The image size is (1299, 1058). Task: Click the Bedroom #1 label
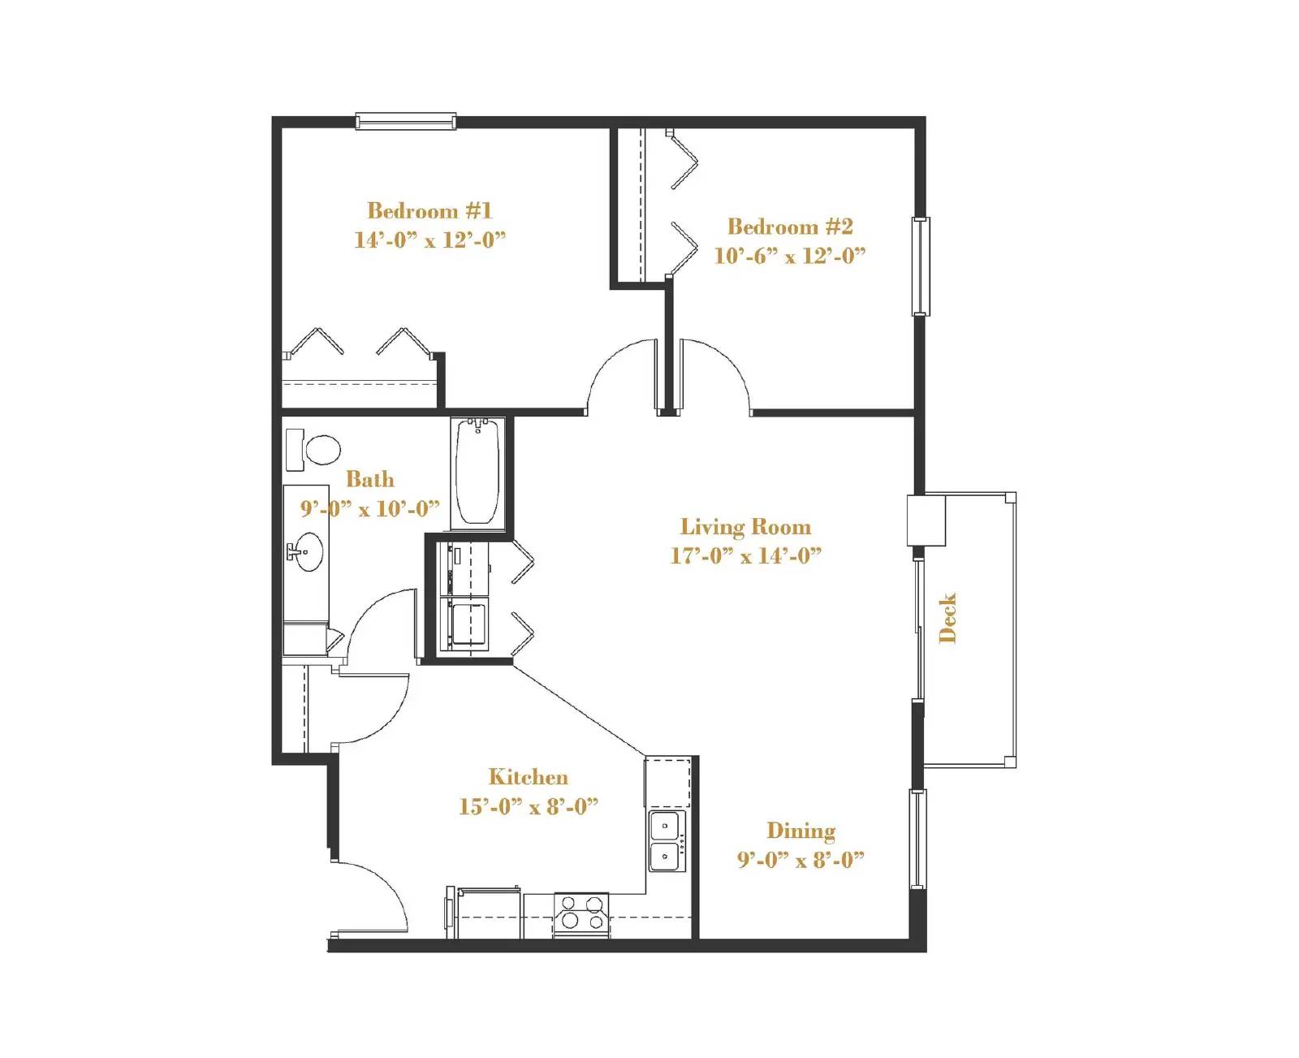tap(429, 211)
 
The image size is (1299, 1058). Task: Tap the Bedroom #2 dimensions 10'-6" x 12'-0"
tap(789, 256)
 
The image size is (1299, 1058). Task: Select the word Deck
tap(947, 618)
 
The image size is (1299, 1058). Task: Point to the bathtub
tap(477, 472)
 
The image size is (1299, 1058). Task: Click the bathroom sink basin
tap(308, 552)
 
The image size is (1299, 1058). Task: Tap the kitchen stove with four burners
tap(581, 913)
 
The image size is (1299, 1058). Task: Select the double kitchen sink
tap(667, 841)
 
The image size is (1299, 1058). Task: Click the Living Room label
tap(745, 527)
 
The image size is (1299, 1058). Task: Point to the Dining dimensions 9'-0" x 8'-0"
tap(800, 860)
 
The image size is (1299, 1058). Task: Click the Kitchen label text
tap(528, 777)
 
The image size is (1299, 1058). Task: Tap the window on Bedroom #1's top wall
tap(405, 122)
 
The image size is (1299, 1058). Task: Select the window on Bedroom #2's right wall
tap(921, 266)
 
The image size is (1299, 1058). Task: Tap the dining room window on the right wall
tap(917, 839)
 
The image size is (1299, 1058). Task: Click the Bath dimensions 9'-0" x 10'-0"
tap(370, 509)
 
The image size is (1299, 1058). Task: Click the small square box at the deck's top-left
tap(926, 520)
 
